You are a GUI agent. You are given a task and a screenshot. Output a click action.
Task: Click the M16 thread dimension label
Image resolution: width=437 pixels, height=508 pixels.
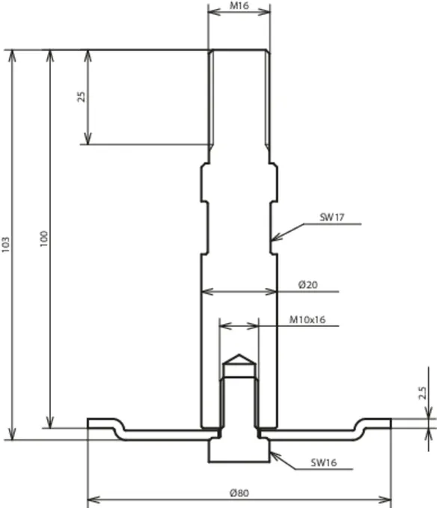point(239,6)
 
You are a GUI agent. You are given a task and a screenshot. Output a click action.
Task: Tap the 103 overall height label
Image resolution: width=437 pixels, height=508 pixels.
point(6,245)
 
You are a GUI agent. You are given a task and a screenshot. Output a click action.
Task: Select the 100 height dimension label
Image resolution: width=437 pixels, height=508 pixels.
point(43,239)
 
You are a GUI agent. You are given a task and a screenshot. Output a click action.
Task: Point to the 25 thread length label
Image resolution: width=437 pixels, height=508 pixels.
point(82,97)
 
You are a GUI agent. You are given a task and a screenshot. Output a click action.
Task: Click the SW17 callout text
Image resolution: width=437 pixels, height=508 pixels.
point(331,217)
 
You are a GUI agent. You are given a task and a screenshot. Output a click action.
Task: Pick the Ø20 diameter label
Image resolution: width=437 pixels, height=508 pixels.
point(308,285)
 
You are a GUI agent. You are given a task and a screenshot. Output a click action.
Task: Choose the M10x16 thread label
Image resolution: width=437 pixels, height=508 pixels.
point(307,319)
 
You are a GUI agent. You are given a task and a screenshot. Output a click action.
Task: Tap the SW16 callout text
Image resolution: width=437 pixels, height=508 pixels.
point(323,462)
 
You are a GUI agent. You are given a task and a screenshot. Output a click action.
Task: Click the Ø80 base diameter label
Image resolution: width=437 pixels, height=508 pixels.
point(239,493)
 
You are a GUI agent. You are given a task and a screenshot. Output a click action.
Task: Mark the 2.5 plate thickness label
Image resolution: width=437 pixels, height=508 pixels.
point(422,393)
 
